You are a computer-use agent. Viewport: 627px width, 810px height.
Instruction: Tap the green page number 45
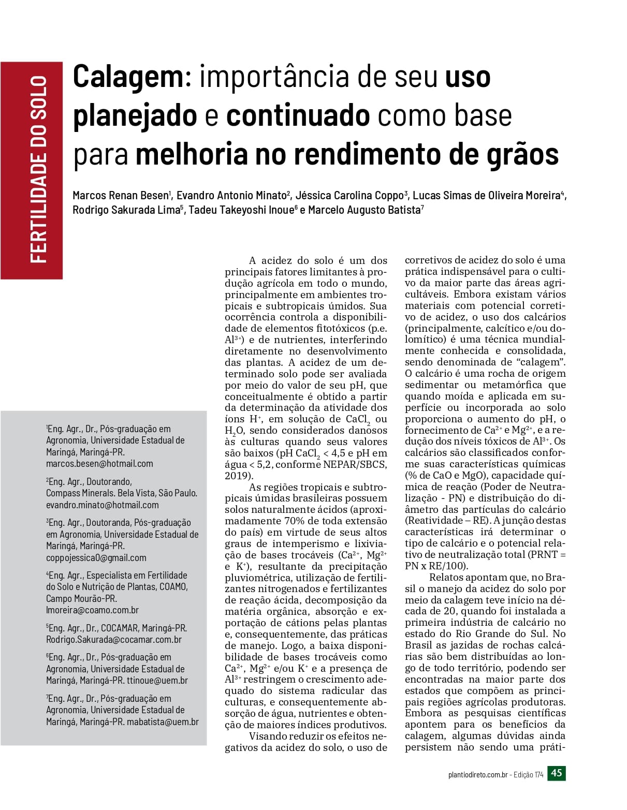coord(557,773)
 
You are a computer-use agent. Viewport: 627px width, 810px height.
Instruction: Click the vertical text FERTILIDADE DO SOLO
coord(39,169)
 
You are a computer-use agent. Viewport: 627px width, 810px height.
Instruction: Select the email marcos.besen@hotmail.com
coord(99,464)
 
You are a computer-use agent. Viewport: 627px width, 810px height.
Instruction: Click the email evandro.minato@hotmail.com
coord(103,505)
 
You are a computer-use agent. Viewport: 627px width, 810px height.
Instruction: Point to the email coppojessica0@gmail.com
coord(96,558)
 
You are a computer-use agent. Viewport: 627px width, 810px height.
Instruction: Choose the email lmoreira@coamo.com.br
coord(93,610)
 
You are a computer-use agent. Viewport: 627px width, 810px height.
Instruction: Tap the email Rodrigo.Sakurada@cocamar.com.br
coord(114,640)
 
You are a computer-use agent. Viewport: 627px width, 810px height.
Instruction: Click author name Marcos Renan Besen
coord(120,196)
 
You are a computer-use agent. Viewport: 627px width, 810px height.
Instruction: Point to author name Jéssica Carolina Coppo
coord(349,196)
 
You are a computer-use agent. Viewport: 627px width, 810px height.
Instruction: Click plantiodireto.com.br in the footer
coord(478,775)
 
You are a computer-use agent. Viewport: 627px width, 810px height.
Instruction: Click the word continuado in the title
coord(298,116)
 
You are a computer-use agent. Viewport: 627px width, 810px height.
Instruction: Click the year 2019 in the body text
coord(237,476)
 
